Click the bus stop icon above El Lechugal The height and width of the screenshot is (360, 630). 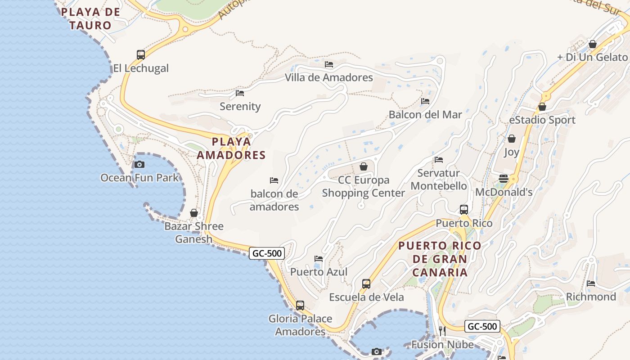[141, 55]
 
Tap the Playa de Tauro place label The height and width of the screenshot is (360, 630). [91, 18]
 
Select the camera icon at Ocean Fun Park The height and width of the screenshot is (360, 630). [139, 164]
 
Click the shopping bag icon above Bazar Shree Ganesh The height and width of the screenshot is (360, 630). [194, 212]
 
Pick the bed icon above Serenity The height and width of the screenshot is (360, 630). [240, 93]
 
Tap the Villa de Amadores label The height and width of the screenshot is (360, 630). [329, 77]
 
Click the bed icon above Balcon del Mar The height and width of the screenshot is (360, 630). [425, 101]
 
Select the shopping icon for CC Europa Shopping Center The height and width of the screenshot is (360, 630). [364, 166]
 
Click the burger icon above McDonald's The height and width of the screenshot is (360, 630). [504, 179]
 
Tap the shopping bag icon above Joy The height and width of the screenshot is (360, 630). [512, 139]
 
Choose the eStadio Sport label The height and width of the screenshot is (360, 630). [542, 120]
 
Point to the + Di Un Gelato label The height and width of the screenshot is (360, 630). [592, 57]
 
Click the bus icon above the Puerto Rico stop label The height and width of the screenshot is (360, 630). [464, 210]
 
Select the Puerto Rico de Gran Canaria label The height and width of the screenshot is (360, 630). [440, 259]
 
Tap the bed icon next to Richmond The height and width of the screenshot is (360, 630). [591, 283]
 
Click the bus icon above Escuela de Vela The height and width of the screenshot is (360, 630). [366, 284]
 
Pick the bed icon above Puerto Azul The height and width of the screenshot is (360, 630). [319, 259]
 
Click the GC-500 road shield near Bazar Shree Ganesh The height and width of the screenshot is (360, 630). [267, 253]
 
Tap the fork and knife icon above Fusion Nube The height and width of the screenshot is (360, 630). [442, 331]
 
